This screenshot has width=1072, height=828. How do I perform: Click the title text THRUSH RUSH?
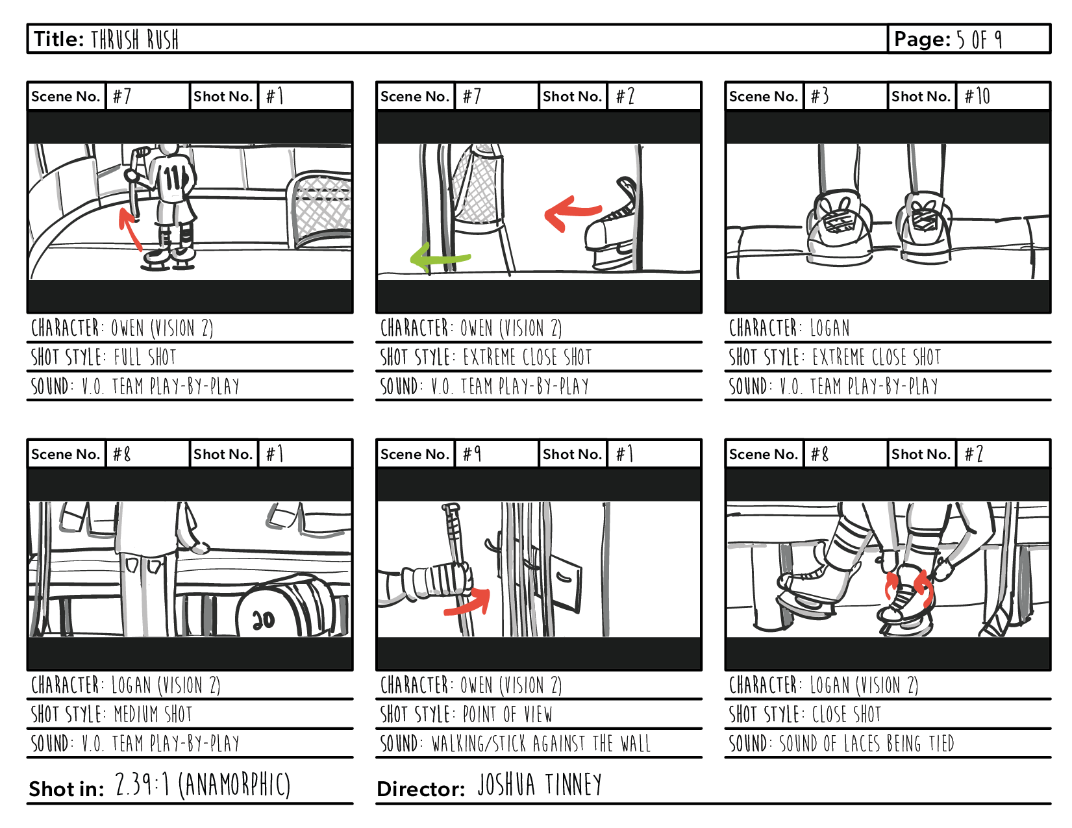[134, 40]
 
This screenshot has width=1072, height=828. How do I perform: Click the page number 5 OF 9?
[979, 40]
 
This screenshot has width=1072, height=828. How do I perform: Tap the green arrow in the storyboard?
[438, 258]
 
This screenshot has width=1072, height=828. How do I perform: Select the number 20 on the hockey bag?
[263, 620]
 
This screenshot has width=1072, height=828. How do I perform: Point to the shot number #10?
[977, 97]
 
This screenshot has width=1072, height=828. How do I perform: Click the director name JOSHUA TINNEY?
[540, 785]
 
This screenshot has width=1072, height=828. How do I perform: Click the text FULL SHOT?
[145, 357]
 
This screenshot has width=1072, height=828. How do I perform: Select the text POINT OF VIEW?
[507, 714]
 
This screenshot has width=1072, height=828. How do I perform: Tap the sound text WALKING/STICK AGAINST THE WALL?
[541, 744]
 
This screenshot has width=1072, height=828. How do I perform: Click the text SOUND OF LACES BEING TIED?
[866, 744]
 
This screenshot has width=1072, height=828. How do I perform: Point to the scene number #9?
[472, 454]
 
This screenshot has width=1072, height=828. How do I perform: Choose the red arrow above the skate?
[571, 211]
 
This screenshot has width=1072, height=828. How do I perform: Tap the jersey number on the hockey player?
[174, 177]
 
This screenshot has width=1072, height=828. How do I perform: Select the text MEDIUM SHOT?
[153, 714]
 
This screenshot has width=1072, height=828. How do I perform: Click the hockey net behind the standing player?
[319, 208]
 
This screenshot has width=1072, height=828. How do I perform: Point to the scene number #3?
[819, 97]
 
